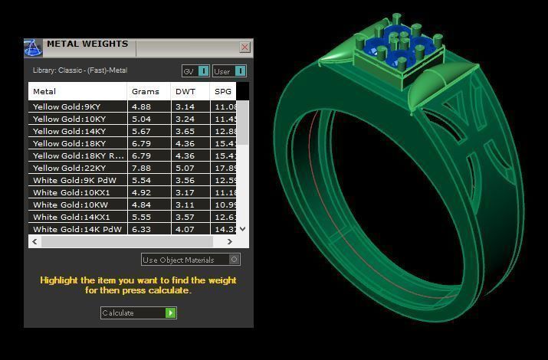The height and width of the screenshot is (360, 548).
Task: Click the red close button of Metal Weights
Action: click(x=244, y=47)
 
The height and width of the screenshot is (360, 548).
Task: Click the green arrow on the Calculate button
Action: click(x=171, y=313)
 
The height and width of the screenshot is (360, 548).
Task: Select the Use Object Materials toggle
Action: click(x=235, y=260)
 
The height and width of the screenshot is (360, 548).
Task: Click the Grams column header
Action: click(x=146, y=92)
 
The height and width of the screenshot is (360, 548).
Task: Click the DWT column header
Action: click(x=185, y=92)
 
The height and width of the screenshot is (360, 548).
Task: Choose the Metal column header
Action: click(x=44, y=92)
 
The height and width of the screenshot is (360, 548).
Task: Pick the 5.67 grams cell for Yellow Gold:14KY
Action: click(x=142, y=131)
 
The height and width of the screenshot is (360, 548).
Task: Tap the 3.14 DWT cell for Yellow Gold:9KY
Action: click(x=185, y=106)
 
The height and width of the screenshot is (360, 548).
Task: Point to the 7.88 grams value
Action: click(x=142, y=168)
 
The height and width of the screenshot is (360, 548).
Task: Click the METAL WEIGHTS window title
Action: click(x=87, y=44)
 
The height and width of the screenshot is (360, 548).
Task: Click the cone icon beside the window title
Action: click(x=33, y=48)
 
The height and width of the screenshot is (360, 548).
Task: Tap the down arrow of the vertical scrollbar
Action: click(x=243, y=228)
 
